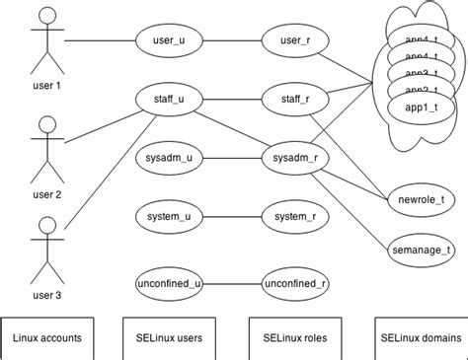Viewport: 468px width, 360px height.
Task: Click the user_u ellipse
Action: coord(167,42)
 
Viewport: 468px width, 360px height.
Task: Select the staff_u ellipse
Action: coord(167,99)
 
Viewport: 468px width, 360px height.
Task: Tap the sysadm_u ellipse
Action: coord(167,157)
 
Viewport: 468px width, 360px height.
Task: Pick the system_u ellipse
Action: coord(167,216)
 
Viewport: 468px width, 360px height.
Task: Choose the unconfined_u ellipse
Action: coord(167,284)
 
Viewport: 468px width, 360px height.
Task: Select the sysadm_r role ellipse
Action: coord(295,157)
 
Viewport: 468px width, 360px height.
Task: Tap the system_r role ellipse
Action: coord(295,216)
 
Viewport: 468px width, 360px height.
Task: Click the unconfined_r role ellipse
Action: coord(295,284)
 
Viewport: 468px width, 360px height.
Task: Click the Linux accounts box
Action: coord(47,337)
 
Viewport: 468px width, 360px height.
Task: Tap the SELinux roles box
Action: coord(295,337)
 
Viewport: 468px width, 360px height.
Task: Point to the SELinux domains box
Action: coord(421,337)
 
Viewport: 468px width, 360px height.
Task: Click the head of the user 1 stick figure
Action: coord(45,17)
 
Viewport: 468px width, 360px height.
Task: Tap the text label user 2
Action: coord(45,194)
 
